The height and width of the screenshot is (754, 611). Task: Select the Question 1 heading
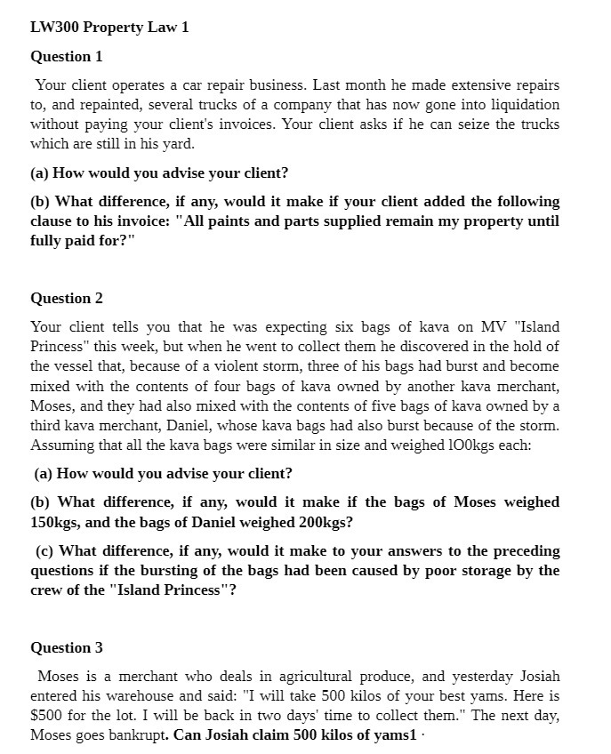tap(67, 56)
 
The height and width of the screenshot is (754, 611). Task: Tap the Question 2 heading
tap(67, 298)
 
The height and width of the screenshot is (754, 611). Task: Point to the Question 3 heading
tap(67, 647)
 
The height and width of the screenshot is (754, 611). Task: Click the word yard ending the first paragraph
tap(177, 144)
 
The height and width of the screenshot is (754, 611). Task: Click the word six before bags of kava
tap(342, 327)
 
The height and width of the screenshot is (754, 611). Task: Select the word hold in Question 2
tap(530, 347)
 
